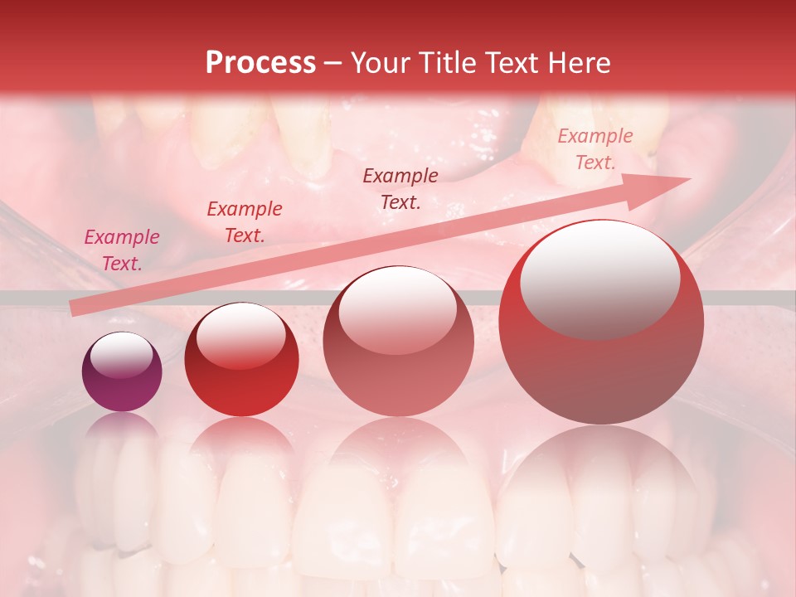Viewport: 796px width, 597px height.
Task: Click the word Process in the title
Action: pos(260,63)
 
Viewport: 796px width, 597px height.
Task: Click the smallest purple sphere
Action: pos(122,372)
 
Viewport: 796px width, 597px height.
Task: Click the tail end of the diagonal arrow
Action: pos(75,308)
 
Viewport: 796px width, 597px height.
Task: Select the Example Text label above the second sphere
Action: pos(245,222)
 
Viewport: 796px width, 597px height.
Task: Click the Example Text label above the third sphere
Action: pos(400,189)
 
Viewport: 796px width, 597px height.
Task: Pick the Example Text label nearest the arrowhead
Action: pos(595,149)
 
